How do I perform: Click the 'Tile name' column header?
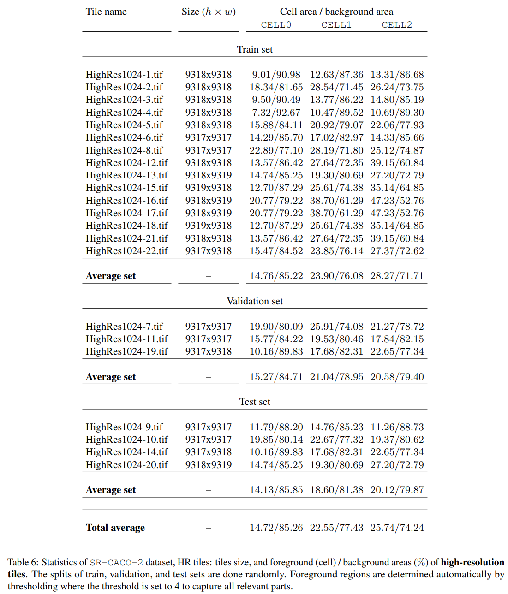106,12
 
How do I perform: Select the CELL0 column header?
276,25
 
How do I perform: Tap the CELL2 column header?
397,25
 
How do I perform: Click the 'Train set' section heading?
255,49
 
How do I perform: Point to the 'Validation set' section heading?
255,301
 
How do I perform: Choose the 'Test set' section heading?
255,402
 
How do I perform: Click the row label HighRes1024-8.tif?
124,150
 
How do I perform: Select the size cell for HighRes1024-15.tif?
209,188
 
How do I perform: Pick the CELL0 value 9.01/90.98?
276,75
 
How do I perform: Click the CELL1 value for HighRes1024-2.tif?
336,87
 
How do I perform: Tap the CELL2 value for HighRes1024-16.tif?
397,201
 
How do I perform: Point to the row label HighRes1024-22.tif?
127,251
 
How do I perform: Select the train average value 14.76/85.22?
276,276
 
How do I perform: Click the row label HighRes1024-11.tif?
127,339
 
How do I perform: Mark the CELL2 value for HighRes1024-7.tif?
397,327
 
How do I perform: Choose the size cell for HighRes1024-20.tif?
209,465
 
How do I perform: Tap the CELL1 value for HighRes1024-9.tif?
336,427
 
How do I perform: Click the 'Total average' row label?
115,528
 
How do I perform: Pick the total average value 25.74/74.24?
397,528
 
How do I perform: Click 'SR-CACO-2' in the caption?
116,563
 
